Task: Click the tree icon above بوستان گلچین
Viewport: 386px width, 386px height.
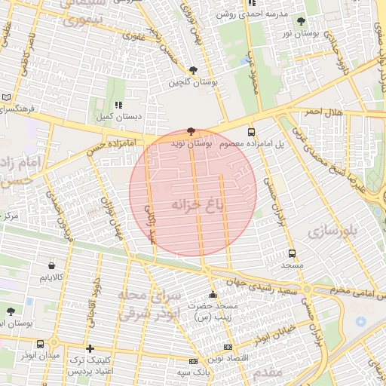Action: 194,70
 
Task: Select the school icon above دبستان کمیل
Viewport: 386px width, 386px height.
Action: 118,106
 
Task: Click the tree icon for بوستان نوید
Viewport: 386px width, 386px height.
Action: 190,131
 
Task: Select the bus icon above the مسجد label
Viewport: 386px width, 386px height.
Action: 293,254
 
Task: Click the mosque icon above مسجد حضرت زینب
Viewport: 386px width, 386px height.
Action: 213,295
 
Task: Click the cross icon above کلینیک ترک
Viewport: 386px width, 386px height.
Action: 90,348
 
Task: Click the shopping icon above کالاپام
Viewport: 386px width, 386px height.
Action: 51,265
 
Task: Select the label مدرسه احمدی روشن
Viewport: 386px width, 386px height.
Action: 253,14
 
